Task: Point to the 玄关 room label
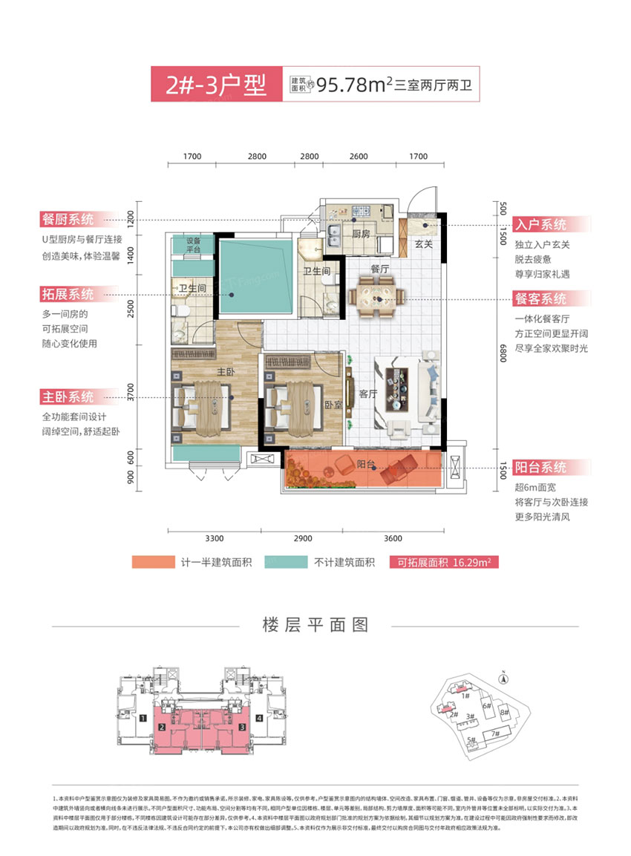click(423, 244)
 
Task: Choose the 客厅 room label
click(369, 394)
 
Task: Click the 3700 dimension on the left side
click(131, 392)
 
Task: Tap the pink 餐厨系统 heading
click(68, 219)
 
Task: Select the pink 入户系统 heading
click(542, 224)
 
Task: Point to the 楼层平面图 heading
click(315, 624)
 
